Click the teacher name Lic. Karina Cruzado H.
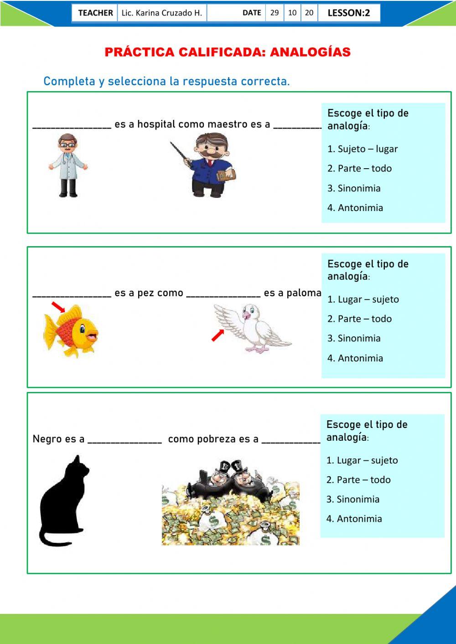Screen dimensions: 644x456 coord(161,13)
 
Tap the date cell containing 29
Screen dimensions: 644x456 coord(275,13)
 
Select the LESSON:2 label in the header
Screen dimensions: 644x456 coord(349,13)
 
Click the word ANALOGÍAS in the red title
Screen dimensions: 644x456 coord(310,52)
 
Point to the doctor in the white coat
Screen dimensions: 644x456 coord(68,165)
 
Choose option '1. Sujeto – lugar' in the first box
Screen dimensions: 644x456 coord(363,149)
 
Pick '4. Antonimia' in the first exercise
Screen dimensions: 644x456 coord(355,208)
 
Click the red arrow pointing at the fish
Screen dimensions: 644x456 coord(58,307)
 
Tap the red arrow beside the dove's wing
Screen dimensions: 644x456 coord(218,335)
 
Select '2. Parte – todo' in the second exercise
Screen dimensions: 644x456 coord(359,319)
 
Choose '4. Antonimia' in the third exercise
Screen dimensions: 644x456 coord(354,519)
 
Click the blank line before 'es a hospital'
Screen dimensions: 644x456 coord(72,127)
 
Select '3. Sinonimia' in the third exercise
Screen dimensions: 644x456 coord(353,499)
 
